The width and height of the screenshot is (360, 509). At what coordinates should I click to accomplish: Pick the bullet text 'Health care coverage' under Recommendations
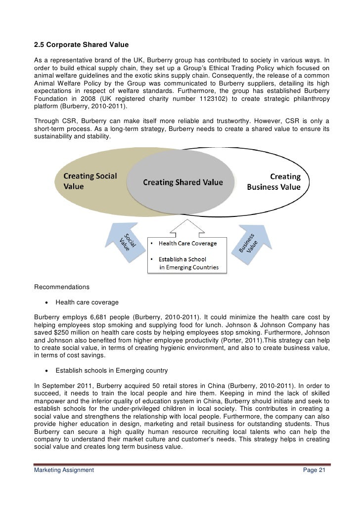pos(87,302)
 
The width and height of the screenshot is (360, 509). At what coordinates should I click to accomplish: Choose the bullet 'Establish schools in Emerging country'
pos(112,370)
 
